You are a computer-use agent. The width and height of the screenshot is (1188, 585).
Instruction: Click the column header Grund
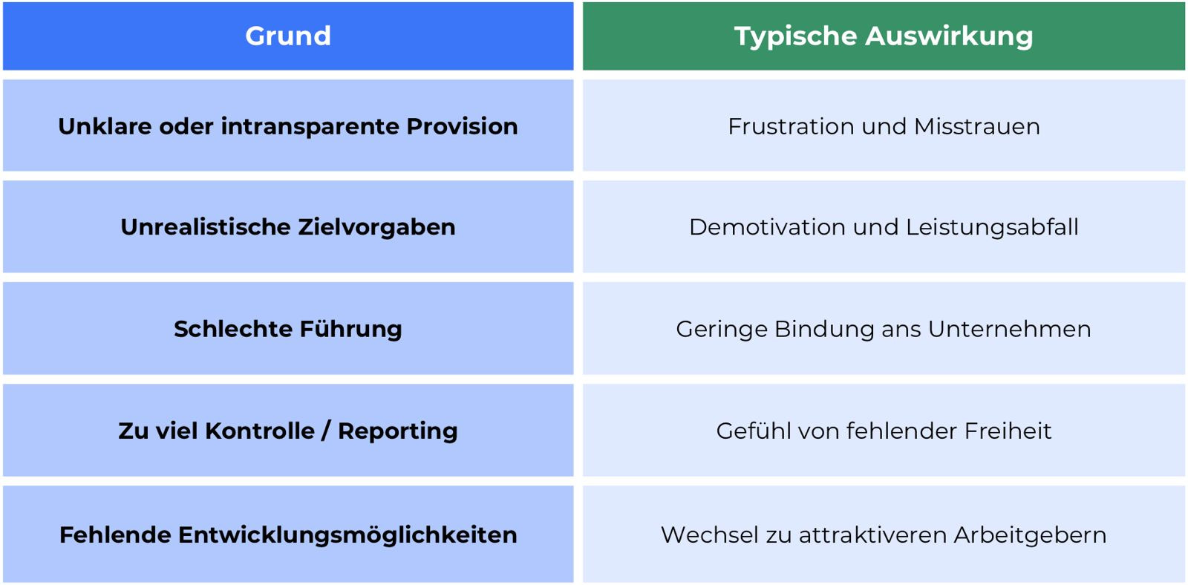pyautogui.click(x=288, y=36)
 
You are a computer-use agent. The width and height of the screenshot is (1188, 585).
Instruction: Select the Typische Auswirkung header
pyautogui.click(x=884, y=36)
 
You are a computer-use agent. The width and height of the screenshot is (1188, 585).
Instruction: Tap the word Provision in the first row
pyautogui.click(x=462, y=126)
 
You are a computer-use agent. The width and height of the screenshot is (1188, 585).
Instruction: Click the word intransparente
pyautogui.click(x=310, y=127)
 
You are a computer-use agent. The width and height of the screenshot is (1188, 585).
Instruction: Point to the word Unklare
pyautogui.click(x=105, y=126)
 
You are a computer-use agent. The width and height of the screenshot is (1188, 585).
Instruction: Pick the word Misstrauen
pyautogui.click(x=977, y=127)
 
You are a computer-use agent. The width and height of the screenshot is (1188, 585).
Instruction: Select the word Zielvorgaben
pyautogui.click(x=376, y=227)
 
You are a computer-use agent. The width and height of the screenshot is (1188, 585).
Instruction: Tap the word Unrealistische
pyautogui.click(x=206, y=227)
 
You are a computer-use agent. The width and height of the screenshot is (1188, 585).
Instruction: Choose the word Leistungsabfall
pyautogui.click(x=992, y=227)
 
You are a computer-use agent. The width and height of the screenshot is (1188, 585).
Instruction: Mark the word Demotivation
pyautogui.click(x=768, y=227)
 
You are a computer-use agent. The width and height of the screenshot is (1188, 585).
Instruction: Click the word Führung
pyautogui.click(x=350, y=329)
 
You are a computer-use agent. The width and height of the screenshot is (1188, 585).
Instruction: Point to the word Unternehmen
pyautogui.click(x=1009, y=329)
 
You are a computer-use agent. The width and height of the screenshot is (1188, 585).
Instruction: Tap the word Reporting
pyautogui.click(x=398, y=431)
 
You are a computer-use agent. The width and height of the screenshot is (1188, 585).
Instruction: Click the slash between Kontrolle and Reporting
pyautogui.click(x=325, y=430)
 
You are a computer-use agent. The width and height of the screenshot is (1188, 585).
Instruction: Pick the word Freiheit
pyautogui.click(x=1008, y=431)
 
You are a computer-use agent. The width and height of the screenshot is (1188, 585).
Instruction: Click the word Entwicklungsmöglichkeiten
pyautogui.click(x=347, y=535)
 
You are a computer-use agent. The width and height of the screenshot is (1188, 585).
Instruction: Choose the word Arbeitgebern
pyautogui.click(x=1030, y=535)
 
